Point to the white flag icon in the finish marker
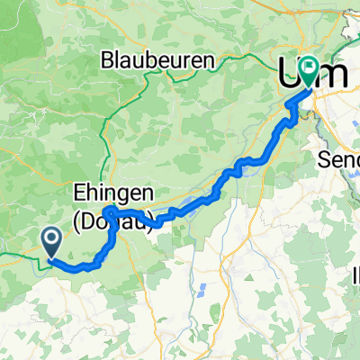pyautogui.click(x=310, y=66)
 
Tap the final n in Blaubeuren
pyautogui.click(x=209, y=61)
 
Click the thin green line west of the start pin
pyautogui.click(x=18, y=257)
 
